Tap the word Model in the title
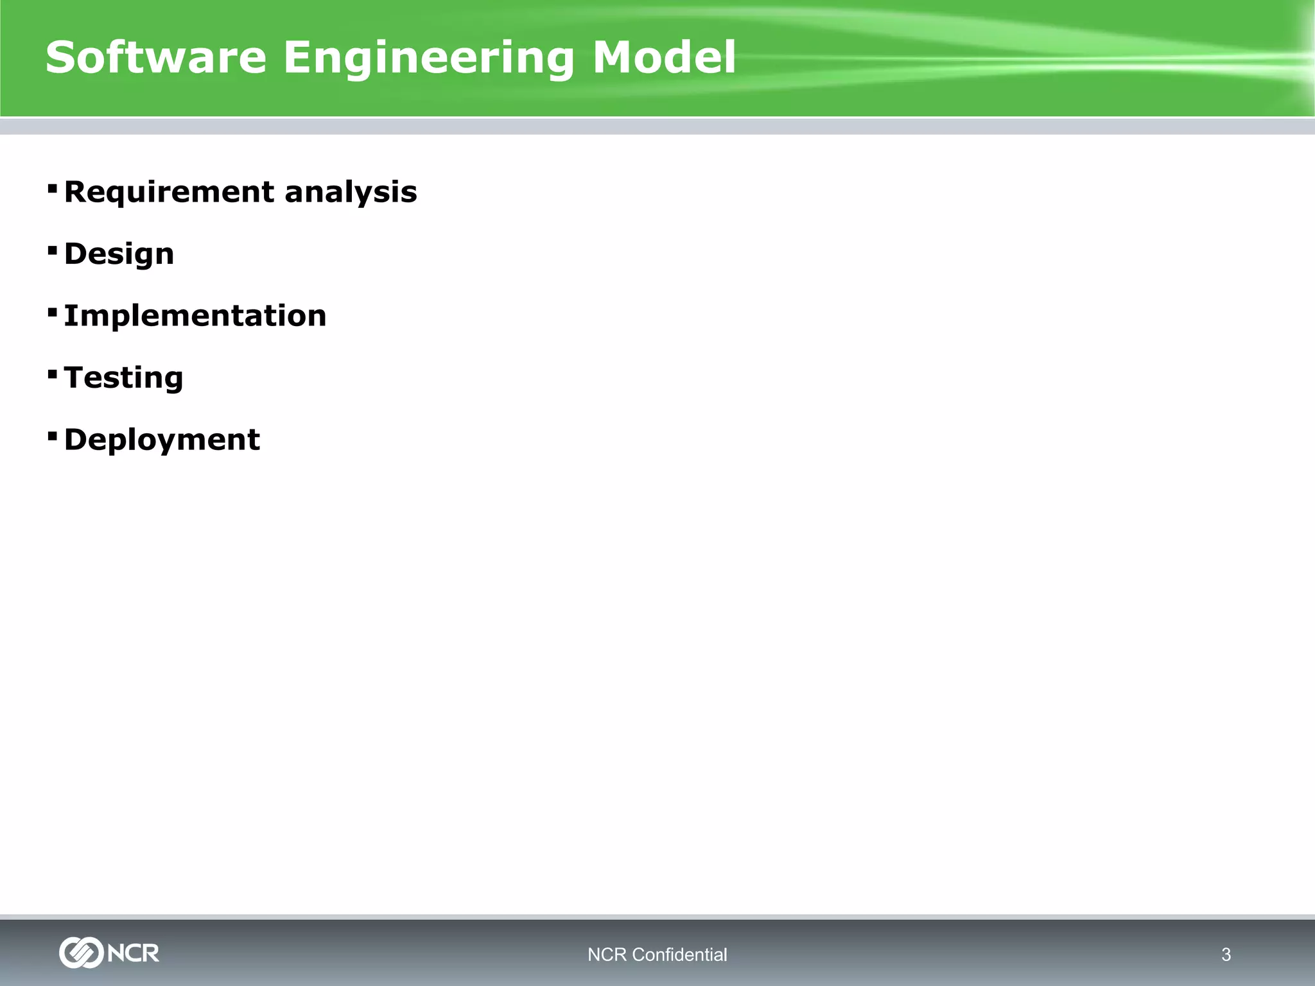(663, 58)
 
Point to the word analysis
(351, 193)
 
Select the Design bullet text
(119, 254)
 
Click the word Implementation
(195, 316)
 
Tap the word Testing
(123, 377)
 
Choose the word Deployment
(162, 440)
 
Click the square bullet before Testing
(53, 374)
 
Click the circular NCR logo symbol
(81, 953)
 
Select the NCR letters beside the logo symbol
(134, 953)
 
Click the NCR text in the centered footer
(607, 955)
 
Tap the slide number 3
(1226, 955)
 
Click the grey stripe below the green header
(657, 126)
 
